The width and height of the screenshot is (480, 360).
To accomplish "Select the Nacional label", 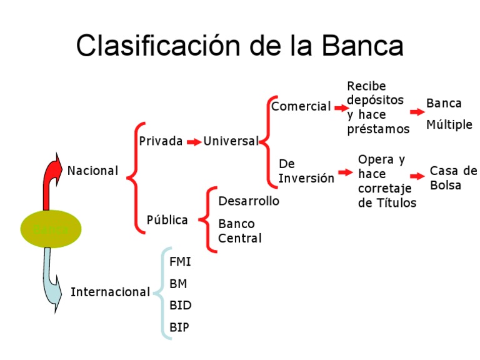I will pos(92,171).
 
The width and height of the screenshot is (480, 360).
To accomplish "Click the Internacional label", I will pos(110,292).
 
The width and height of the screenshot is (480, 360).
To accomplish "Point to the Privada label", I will pos(161,141).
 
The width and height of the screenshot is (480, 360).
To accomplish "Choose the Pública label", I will pos(167,220).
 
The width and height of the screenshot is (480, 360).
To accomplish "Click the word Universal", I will pos(231,141).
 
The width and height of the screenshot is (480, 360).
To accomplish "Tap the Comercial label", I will pos(301,107).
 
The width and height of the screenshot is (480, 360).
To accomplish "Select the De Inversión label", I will pos(306,171).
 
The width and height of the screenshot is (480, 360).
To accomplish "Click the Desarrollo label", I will pos(249,201).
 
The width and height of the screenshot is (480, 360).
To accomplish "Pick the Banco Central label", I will pos(240,231).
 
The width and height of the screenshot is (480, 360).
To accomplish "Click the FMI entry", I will pos(180,261).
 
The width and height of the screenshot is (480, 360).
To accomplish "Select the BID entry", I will pos(180,306).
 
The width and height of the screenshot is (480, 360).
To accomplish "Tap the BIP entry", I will pos(179,327).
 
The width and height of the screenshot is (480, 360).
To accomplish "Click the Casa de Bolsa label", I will pos(453,178).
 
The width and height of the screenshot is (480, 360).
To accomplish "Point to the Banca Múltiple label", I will pos(449,114).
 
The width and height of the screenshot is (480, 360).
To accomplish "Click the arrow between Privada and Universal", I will pos(194,142).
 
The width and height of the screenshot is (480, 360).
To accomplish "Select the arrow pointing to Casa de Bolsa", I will pos(417,177).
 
